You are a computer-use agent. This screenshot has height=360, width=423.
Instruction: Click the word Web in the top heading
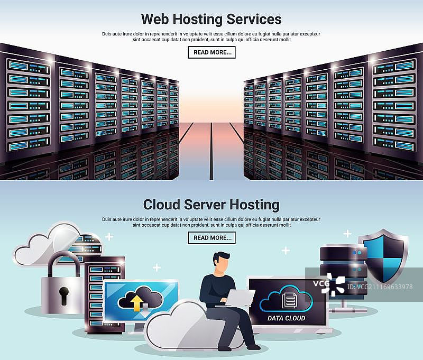point(155,19)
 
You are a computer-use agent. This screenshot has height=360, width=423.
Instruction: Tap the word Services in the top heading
point(254,19)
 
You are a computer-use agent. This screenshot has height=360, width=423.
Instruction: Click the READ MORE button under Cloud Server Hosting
point(212,238)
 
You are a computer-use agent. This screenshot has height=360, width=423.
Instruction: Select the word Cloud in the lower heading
point(161,205)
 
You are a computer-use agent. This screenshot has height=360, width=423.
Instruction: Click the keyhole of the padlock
point(64,296)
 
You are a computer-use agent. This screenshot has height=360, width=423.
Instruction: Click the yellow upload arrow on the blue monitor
point(137,302)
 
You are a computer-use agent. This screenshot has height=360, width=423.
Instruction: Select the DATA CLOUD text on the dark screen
point(286,318)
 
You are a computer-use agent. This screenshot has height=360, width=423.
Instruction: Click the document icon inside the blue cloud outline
point(289,300)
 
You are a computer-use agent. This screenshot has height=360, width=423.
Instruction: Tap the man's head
point(222,262)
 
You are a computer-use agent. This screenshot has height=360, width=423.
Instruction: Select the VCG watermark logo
point(329,284)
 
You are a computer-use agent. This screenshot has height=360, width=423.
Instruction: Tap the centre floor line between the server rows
point(211,151)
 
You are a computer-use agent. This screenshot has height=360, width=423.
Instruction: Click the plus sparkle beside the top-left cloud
point(109,237)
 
